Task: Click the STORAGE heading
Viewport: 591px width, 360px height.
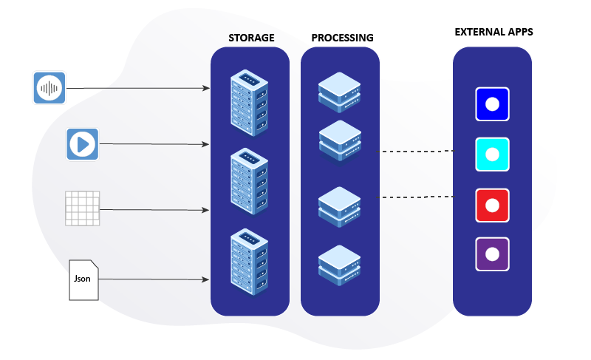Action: pos(250,38)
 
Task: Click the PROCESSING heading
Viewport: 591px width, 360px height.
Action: pos(342,38)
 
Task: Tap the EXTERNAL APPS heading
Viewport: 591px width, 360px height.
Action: pos(493,33)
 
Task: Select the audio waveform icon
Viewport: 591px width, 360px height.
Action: pos(49,88)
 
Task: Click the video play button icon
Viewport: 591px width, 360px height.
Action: pos(83,143)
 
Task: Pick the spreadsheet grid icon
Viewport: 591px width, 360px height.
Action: pos(82,208)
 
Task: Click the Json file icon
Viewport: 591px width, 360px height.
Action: pos(83,280)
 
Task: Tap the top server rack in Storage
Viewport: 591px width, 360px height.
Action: pos(250,103)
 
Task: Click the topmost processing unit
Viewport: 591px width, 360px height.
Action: pos(340,91)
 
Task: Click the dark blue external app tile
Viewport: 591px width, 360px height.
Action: pos(493,103)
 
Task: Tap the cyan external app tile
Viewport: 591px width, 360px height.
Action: pos(493,154)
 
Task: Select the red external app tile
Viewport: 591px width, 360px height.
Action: pos(493,205)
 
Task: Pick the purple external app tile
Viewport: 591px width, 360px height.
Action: pos(493,254)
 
